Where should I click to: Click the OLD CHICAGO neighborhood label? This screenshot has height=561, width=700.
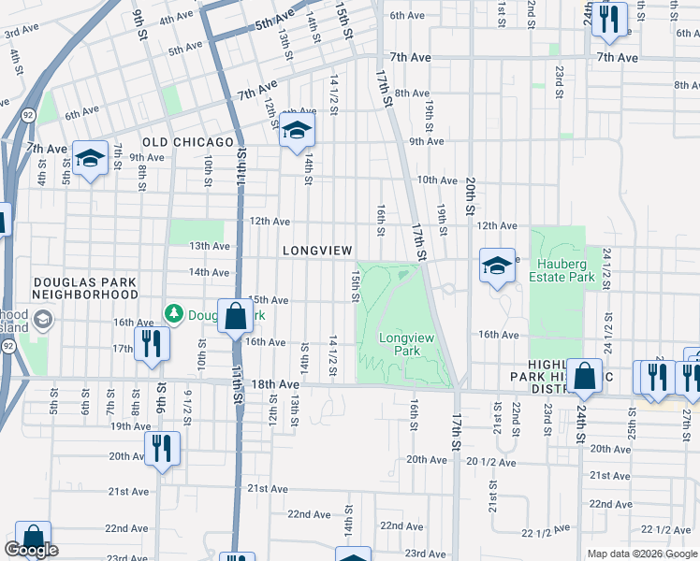click(x=187, y=142)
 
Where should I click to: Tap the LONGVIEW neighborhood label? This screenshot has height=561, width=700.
click(x=317, y=251)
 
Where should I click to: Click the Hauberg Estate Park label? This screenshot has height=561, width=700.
click(x=561, y=270)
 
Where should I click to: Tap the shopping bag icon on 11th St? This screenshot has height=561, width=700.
click(x=235, y=317)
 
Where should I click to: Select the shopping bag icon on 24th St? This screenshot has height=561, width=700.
click(x=584, y=377)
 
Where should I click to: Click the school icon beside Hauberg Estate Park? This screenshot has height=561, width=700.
click(x=497, y=266)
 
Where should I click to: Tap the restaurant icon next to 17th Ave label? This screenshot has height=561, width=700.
click(x=151, y=343)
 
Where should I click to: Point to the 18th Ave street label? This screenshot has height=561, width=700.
click(x=274, y=384)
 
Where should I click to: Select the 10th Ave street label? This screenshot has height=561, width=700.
click(x=435, y=180)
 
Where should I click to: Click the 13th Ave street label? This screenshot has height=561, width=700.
click(x=210, y=246)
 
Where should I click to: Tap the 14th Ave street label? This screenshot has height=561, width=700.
click(x=209, y=272)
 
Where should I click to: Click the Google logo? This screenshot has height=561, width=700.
click(x=31, y=550)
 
